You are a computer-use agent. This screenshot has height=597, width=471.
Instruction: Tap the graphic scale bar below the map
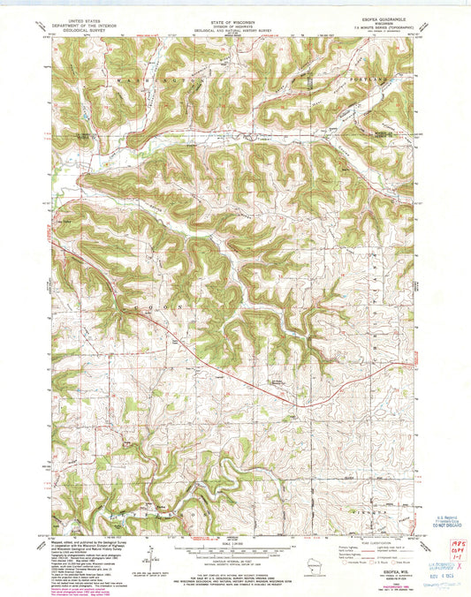coord(233,551)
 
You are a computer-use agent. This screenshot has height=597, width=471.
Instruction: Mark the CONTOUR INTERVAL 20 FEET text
coord(233,565)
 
